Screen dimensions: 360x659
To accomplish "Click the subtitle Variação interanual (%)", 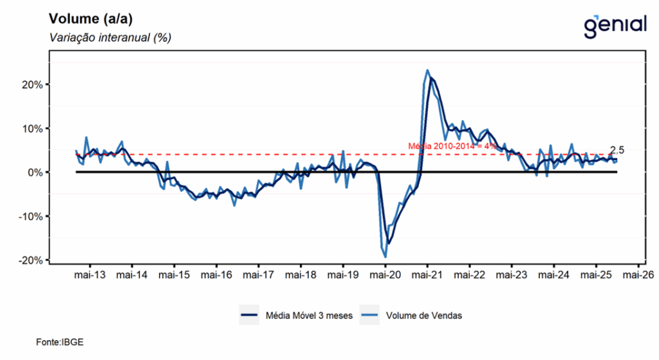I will tap(109, 38).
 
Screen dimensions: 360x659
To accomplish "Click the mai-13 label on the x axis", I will tap(89, 275).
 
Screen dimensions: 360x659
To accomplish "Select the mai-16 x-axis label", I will tap(216, 275).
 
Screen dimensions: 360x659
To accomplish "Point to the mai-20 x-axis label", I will tap(385, 275).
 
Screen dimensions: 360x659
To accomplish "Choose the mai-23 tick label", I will tap(512, 275).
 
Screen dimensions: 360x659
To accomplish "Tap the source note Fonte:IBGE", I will tap(60, 342).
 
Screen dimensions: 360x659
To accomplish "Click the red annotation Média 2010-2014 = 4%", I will tap(452, 146).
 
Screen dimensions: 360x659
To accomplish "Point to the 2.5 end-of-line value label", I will tap(617, 150).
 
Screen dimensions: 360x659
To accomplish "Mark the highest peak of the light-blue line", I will tap(428, 70).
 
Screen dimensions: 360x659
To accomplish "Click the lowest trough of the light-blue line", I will tap(385, 257).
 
